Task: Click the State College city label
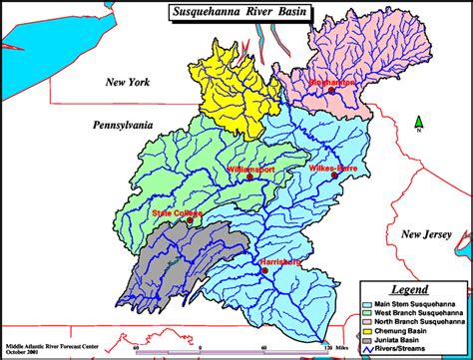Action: (177, 213)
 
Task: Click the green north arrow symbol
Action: (418, 123)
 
